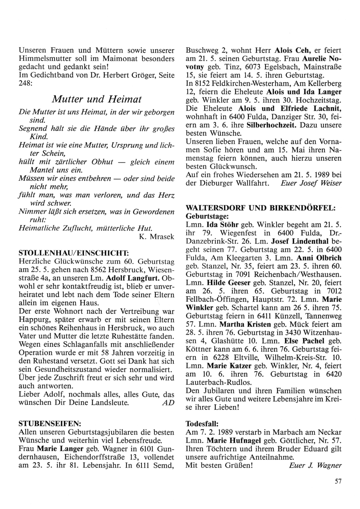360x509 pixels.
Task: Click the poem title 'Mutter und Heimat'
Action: [96, 99]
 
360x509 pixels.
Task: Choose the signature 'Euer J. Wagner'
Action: [315, 465]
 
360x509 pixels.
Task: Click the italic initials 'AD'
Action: [168, 402]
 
